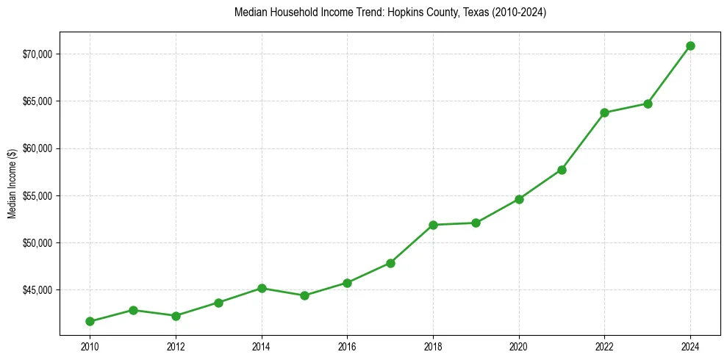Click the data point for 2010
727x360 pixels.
pyautogui.click(x=90, y=321)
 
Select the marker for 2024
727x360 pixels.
pyautogui.click(x=690, y=46)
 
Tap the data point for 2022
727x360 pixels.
pyautogui.click(x=604, y=112)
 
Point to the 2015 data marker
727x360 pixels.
pyautogui.click(x=304, y=295)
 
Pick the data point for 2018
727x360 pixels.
pyautogui.click(x=433, y=225)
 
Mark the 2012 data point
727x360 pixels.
pyautogui.click(x=176, y=316)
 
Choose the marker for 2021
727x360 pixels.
pyautogui.click(x=562, y=170)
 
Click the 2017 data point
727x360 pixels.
pyautogui.click(x=390, y=263)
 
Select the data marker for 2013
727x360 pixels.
pyautogui.click(x=218, y=303)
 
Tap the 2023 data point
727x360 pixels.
pyautogui.click(x=648, y=104)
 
